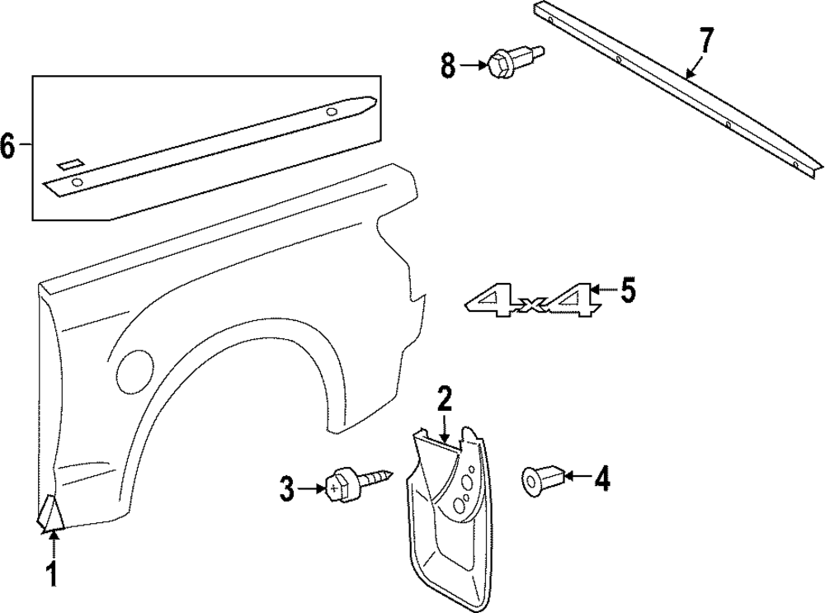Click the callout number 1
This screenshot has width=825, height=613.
point(51,575)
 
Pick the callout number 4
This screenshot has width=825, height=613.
point(603,479)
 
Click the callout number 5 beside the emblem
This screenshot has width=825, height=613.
point(628,290)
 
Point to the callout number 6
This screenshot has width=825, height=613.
point(8,147)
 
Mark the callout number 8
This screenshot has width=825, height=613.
point(448,65)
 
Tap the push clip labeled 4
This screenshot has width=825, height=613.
point(541,479)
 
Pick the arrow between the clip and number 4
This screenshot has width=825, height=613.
point(578,477)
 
